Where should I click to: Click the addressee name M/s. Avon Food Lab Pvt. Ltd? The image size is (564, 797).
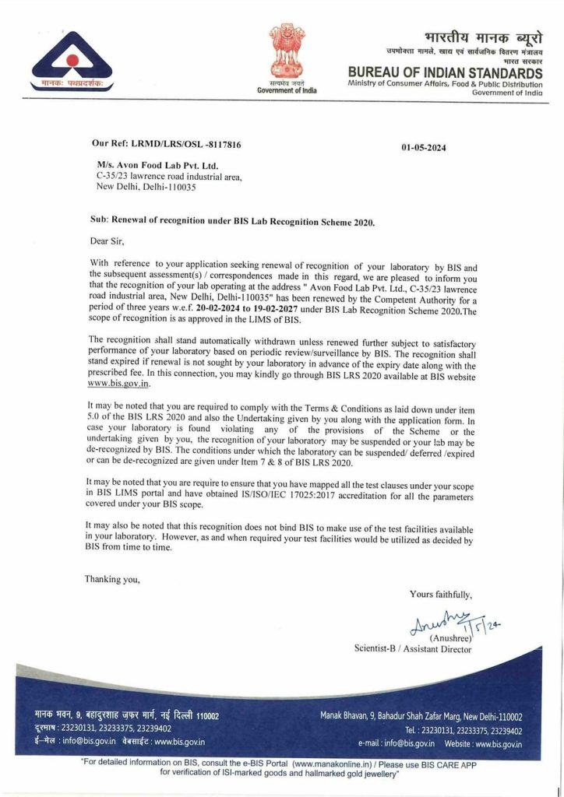(x=158, y=165)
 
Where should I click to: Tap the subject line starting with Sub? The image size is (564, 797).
(x=232, y=222)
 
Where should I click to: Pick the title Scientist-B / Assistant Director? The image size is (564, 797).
(x=413, y=648)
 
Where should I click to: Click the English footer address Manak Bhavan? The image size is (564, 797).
(x=421, y=717)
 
